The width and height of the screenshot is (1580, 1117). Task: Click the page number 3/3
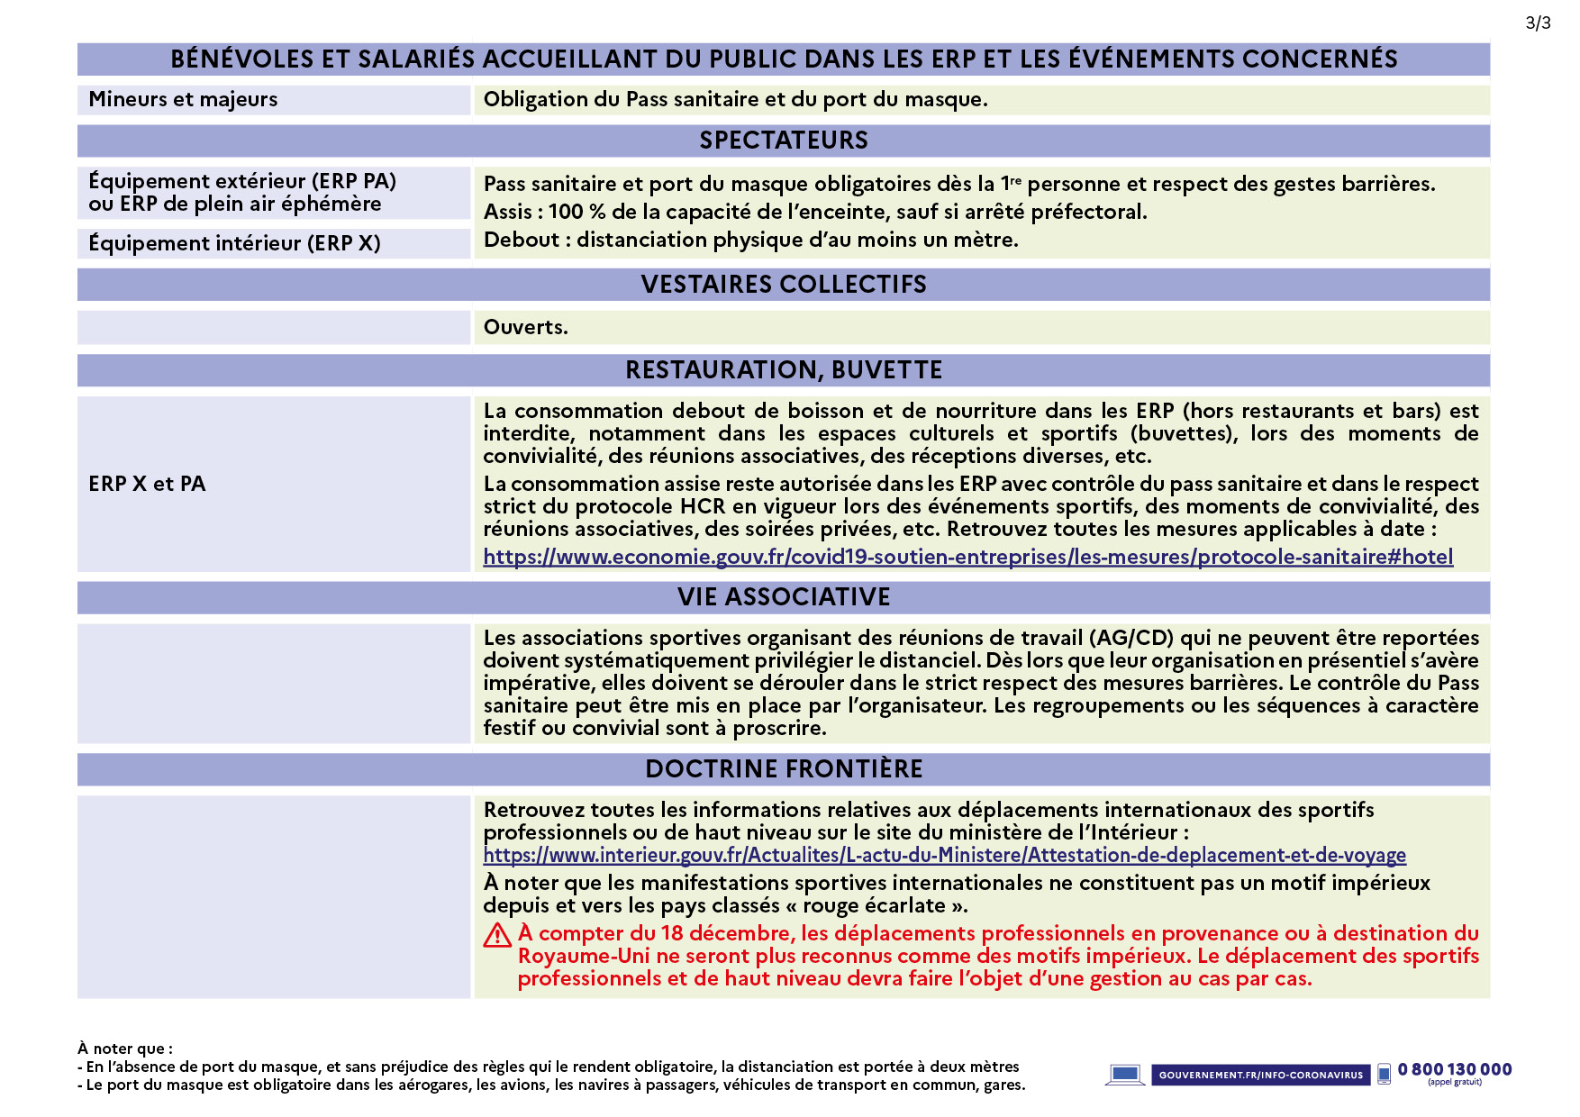(1538, 23)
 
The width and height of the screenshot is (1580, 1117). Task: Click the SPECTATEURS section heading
(784, 141)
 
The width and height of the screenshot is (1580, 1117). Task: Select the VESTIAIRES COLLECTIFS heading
(784, 285)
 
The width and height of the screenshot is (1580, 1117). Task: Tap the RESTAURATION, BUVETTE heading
(784, 370)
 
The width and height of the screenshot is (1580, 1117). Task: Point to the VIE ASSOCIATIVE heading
(784, 597)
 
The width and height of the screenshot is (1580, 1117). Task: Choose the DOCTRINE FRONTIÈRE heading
(784, 769)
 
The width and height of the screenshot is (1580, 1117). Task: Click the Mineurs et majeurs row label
(183, 100)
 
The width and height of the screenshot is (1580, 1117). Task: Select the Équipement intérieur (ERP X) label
(234, 243)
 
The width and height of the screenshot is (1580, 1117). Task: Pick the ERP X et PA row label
(147, 485)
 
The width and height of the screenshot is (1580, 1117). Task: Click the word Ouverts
(525, 328)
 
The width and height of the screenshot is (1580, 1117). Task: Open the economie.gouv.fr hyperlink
(967, 558)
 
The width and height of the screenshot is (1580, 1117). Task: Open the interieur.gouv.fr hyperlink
(944, 856)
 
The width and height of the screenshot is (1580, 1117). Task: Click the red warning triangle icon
(497, 936)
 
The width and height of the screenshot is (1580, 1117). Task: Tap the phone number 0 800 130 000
(1455, 1070)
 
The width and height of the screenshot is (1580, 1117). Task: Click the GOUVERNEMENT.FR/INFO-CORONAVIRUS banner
(1260, 1075)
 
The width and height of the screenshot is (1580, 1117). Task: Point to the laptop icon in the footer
(1124, 1075)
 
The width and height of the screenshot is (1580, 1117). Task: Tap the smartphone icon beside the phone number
(1384, 1074)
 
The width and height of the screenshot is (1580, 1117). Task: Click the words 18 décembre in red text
(725, 934)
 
